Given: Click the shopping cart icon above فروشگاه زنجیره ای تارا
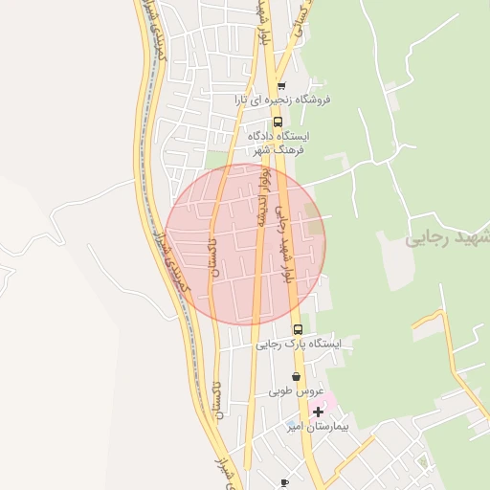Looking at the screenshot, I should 280,85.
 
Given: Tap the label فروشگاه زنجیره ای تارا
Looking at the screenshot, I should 284,100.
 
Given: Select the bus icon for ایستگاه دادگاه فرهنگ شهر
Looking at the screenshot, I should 278,122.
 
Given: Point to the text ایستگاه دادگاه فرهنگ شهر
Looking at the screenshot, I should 290,143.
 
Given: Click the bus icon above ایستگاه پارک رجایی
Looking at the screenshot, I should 298,329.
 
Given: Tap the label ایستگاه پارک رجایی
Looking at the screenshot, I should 305,344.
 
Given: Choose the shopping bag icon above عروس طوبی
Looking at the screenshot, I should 296,377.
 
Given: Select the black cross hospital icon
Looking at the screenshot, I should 318,412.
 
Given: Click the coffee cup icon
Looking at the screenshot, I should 283,483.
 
